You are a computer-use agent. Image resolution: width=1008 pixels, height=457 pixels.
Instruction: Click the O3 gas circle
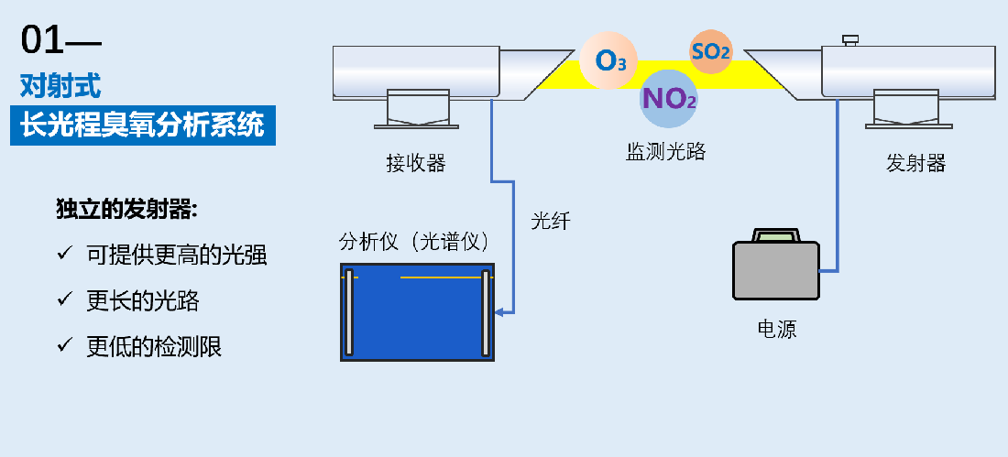[x=608, y=61]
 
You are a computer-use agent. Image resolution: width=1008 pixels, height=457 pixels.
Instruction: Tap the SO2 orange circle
[x=711, y=51]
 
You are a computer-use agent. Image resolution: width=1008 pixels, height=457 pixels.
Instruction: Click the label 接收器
[x=415, y=163]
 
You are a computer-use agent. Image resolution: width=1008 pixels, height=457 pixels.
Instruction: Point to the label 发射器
[x=915, y=163]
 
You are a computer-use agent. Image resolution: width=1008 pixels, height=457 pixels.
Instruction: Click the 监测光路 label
[x=666, y=152]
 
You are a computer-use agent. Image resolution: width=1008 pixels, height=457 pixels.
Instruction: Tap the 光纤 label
[x=550, y=221]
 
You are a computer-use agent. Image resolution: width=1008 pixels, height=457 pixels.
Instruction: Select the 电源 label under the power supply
[x=777, y=329]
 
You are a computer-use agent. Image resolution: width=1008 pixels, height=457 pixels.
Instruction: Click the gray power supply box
[x=776, y=276]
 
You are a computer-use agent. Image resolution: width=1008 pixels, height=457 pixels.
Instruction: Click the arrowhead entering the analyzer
[x=499, y=312]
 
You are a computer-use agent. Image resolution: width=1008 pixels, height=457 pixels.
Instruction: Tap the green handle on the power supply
[x=776, y=236]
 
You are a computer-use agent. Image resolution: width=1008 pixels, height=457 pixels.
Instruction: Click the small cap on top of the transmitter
[x=849, y=39]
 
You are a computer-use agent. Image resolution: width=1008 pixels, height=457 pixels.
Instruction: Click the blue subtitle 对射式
[x=60, y=86]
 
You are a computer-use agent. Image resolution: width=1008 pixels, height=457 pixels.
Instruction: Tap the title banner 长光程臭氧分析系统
[x=142, y=124]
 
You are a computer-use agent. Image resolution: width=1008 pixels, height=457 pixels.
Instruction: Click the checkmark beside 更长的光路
[x=64, y=299]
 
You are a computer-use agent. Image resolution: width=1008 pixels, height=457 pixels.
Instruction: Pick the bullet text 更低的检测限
[x=154, y=346]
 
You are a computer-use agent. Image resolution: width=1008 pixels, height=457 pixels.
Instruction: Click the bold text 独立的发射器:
[x=127, y=209]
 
